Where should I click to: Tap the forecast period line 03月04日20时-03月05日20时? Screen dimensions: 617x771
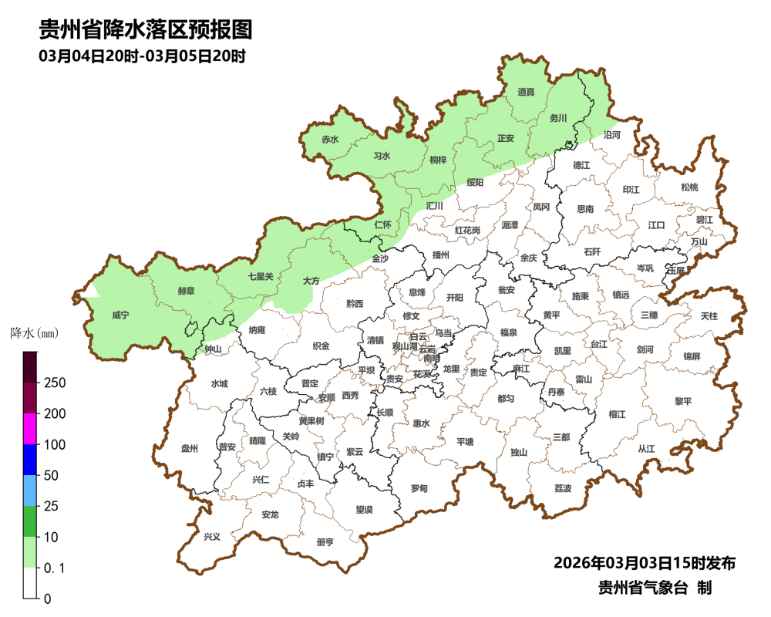(142, 56)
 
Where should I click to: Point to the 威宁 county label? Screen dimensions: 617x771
(120, 315)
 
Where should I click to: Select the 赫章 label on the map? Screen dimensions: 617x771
(186, 292)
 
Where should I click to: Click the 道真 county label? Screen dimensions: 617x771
(526, 93)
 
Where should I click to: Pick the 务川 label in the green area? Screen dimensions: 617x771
(557, 119)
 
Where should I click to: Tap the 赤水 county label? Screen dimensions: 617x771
(330, 140)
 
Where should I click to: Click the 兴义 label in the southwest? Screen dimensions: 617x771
(211, 536)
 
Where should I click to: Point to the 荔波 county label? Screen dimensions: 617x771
(563, 489)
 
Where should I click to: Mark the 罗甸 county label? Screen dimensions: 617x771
(419, 489)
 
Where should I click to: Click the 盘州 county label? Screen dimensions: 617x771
(190, 448)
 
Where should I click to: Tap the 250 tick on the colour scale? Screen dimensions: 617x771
(54, 383)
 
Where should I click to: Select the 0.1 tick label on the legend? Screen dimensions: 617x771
(54, 568)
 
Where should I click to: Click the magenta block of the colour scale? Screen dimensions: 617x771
(30, 429)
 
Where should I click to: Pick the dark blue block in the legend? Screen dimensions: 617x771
(30, 460)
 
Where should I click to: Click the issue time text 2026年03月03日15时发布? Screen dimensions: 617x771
(644, 563)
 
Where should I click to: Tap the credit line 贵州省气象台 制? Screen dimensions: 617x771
(655, 588)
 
